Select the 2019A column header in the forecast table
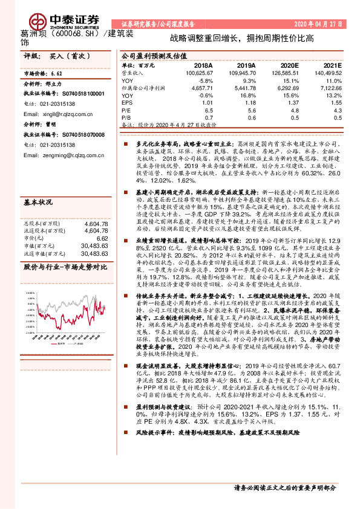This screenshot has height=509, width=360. tap(246, 65)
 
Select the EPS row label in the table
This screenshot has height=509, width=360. tap(127, 103)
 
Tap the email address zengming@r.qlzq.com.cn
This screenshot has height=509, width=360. tap(66, 155)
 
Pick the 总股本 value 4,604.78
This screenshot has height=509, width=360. tap(96, 206)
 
